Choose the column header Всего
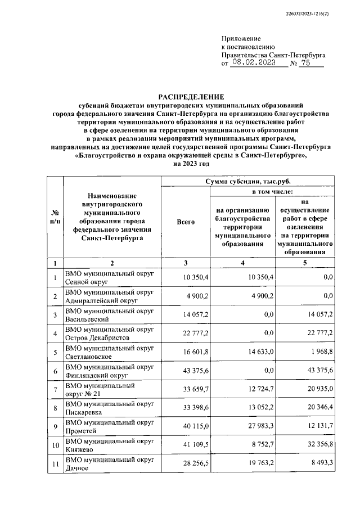(186, 222)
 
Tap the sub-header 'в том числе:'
(271, 192)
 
